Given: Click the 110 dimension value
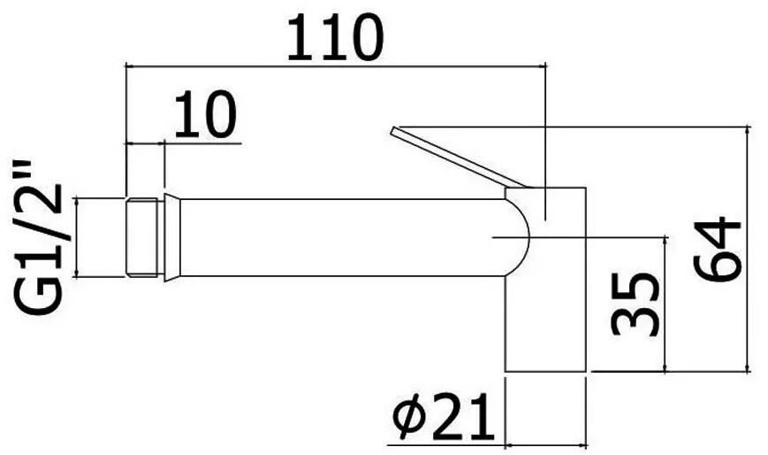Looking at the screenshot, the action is (334, 38).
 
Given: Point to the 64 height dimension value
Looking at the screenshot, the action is (718, 250).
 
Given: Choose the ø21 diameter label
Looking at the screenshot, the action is (443, 417).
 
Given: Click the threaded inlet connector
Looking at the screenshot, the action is (144, 237).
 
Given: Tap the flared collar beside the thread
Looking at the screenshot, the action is (172, 237).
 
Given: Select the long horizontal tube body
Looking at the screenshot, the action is (343, 237).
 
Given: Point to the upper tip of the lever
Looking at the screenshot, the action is (392, 129).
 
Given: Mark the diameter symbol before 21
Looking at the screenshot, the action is (409, 417).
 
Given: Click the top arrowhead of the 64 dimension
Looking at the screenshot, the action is (748, 130).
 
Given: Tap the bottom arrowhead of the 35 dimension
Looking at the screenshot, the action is (665, 367).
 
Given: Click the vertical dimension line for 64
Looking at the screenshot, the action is (748, 250).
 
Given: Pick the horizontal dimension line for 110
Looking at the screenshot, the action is (336, 66).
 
